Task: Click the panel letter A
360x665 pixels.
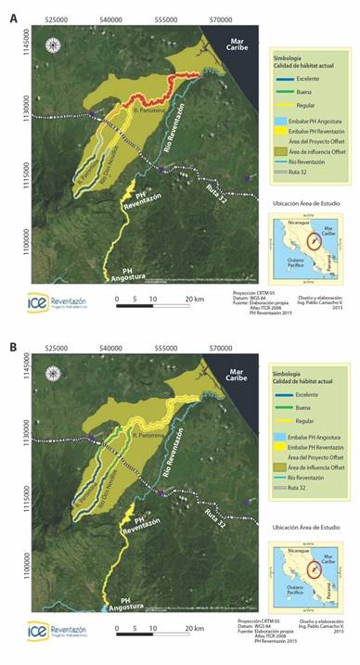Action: coord(13,12)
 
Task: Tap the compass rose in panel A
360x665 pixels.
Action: coord(53,44)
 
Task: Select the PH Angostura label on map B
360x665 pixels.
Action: coord(131,605)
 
